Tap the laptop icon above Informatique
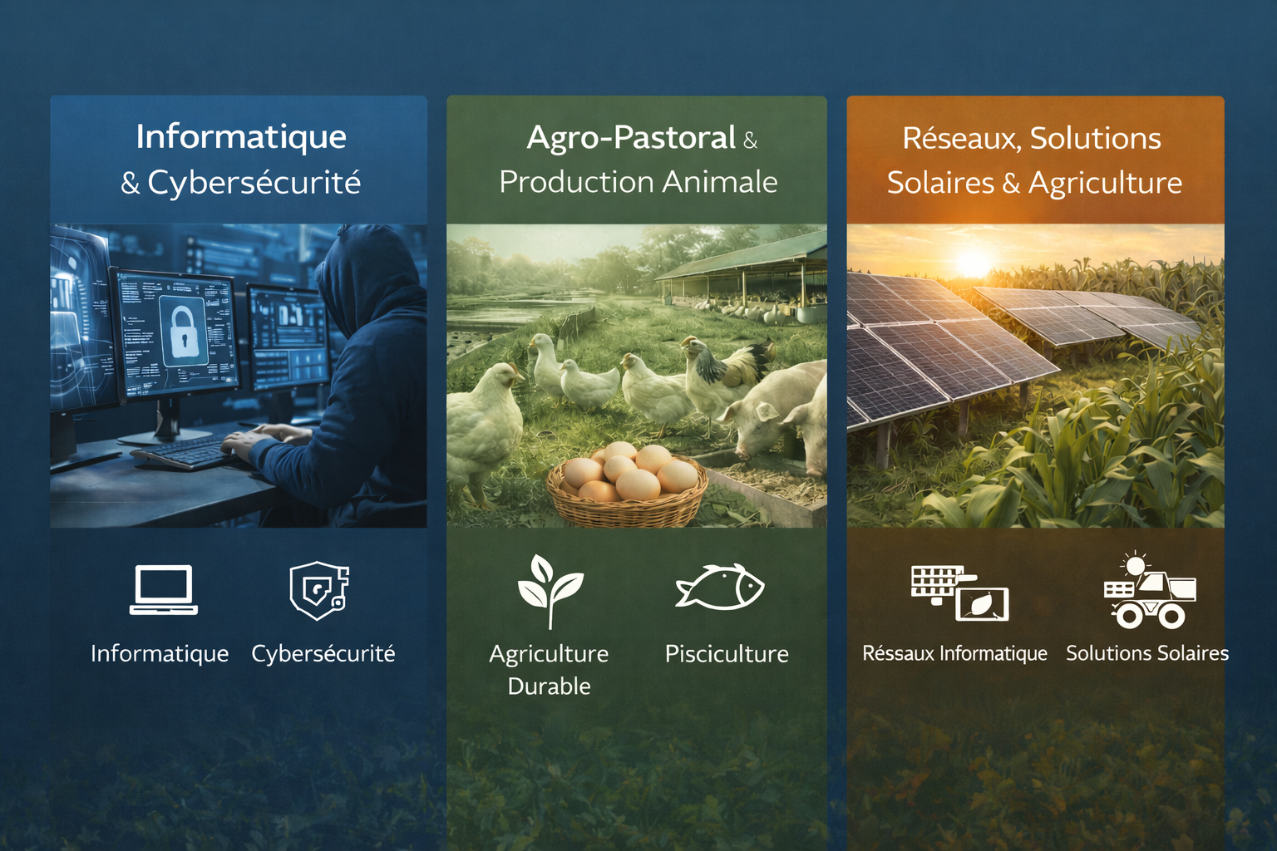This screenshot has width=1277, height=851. (x=164, y=590)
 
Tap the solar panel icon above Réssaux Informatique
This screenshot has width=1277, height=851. (x=959, y=593)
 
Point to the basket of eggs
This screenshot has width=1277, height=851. (x=627, y=485)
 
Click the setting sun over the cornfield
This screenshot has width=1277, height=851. (x=973, y=262)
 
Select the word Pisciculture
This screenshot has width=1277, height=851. (x=727, y=654)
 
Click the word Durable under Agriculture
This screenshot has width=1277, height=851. (x=549, y=686)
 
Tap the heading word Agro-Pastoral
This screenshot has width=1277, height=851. (x=631, y=138)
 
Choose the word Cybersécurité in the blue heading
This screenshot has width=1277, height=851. (x=254, y=182)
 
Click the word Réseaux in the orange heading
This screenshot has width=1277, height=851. (x=960, y=139)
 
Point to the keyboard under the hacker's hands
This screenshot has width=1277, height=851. (x=185, y=453)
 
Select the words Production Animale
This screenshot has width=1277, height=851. (x=638, y=182)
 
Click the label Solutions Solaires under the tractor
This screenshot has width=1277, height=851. (x=1147, y=653)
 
